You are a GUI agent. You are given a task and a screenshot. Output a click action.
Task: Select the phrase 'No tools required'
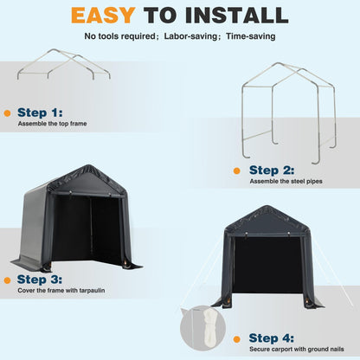coord(119,37)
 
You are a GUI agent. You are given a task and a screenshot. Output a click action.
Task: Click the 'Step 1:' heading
coord(40,112)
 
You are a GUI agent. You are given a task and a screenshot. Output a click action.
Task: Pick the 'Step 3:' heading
coord(40,280)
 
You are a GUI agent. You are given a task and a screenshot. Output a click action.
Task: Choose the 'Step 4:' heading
coord(273,337)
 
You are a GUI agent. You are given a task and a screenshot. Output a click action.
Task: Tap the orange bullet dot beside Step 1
coord(8,112)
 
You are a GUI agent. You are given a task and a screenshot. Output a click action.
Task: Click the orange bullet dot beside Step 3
coord(8,280)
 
